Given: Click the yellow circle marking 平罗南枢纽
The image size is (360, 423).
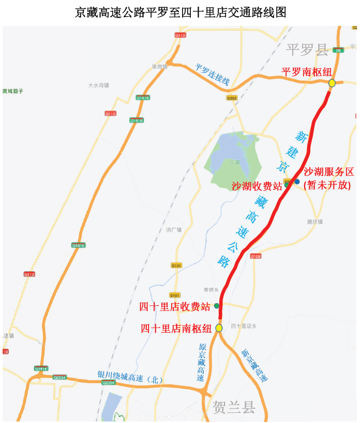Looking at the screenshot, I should tap(332, 83).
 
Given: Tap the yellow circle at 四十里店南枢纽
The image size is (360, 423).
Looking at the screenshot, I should tap(219, 328).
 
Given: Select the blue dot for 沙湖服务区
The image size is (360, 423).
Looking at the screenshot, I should tap(297, 181).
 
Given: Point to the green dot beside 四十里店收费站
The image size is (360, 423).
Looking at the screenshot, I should tap(217, 306).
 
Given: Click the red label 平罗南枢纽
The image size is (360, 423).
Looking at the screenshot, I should tap(306, 72).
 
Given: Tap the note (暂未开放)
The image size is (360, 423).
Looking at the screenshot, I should tap(327, 184).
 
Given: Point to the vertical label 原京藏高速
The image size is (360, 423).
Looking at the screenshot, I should tap(202, 362).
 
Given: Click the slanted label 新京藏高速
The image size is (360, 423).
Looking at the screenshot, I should tap(254, 366).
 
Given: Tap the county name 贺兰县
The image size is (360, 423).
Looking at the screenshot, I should tap(234, 407).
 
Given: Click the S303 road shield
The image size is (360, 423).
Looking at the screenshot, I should tap(232, 97).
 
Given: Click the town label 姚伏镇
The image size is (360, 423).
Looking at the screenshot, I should tap(314, 222).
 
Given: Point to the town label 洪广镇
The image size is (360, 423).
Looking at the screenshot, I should tap(174, 229).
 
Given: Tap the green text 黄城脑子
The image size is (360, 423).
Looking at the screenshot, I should tap(12, 91).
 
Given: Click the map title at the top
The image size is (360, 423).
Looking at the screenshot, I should tap(180, 12).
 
